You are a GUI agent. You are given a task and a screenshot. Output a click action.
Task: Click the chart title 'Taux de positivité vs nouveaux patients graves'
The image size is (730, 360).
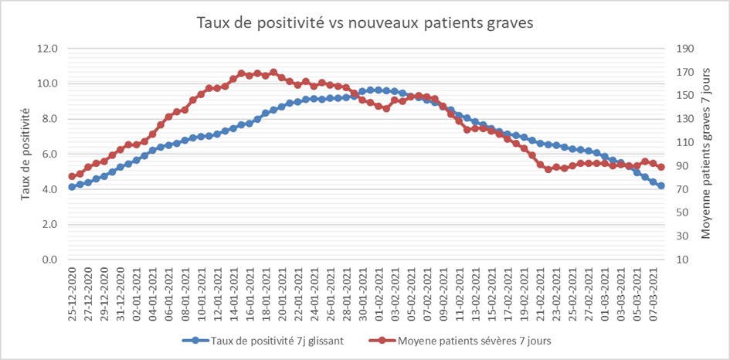tap(365, 23)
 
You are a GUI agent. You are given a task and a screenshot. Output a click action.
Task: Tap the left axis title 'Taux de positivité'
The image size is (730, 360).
tap(25, 154)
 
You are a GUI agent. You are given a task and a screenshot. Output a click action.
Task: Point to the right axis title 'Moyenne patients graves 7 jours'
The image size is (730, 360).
tap(705, 154)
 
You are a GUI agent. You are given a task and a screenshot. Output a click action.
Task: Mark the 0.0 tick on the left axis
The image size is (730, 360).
tap(49, 260)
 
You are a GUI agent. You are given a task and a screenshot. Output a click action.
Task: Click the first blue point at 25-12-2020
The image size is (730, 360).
tap(72, 186)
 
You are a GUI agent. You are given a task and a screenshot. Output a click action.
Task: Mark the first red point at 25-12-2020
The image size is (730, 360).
tap(72, 176)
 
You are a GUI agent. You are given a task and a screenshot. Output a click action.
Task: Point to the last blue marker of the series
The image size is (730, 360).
tap(661, 185)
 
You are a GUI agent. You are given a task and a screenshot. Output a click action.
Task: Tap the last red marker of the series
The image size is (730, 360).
tap(661, 167)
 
